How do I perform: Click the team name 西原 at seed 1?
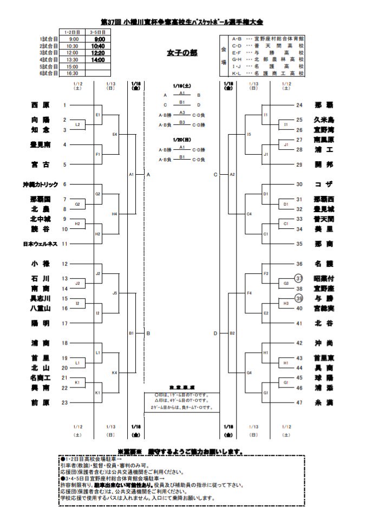40,105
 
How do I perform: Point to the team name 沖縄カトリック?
40,185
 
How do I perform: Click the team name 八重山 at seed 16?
40,308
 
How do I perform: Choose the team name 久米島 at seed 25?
324,120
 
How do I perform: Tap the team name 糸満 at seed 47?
324,403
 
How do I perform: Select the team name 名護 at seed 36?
324,264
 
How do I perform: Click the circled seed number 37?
298,279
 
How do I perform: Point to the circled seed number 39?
298,299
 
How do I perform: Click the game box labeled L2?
77,125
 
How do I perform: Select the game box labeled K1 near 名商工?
77,383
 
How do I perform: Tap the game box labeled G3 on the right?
286,284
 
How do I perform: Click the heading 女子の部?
182,53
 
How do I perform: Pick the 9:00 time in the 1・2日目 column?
74,39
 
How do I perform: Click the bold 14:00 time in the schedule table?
99,60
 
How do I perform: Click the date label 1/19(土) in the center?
182,86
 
